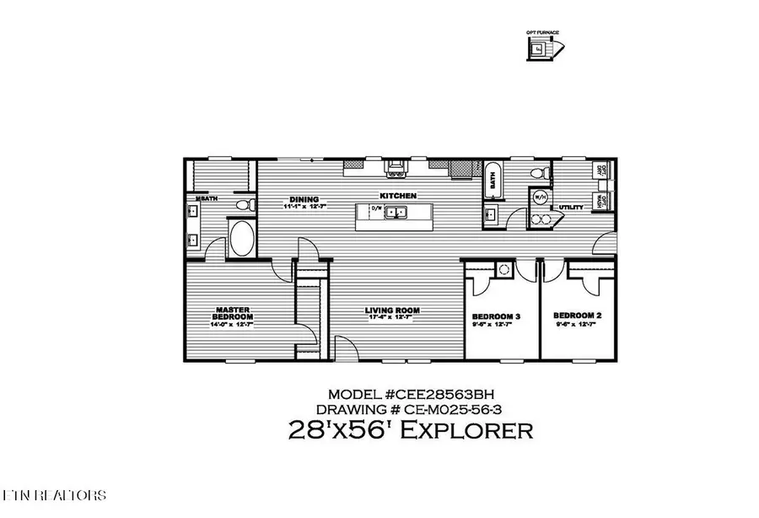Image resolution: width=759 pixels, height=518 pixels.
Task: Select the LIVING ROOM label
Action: pyautogui.click(x=392, y=310)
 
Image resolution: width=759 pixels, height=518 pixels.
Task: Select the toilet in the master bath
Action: pyautogui.click(x=244, y=205)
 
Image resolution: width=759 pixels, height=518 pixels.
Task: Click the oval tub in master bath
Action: pyautogui.click(x=242, y=238)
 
